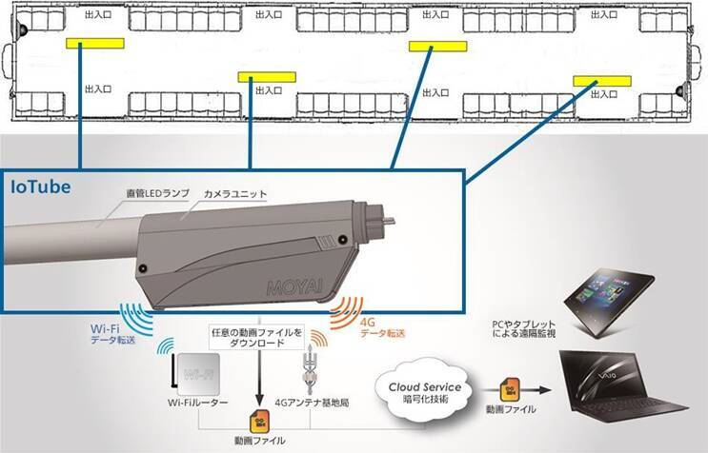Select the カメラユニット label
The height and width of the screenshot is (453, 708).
pyautogui.click(x=236, y=194)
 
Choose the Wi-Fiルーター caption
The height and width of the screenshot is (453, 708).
pyautogui.click(x=197, y=404)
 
